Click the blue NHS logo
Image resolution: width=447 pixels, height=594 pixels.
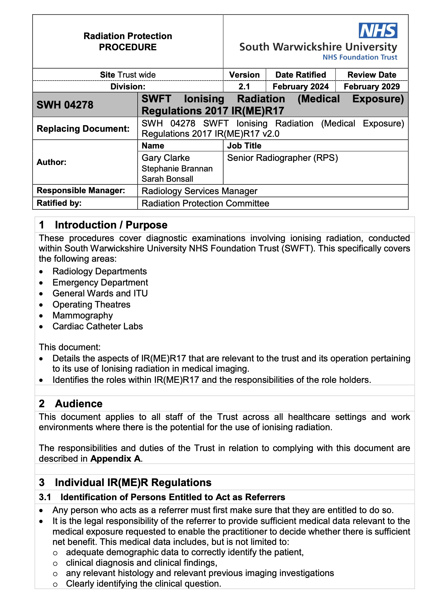[378, 31]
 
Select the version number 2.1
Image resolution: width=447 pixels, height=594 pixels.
[244, 86]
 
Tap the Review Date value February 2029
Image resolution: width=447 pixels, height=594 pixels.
[372, 86]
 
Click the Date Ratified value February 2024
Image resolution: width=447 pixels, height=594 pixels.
[301, 86]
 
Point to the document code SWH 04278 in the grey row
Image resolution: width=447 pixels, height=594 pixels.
[65, 105]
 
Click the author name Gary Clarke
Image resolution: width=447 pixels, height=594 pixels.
[166, 158]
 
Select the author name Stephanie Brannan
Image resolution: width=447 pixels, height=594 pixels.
[177, 168]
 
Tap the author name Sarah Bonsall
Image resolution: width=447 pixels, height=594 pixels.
[167, 179]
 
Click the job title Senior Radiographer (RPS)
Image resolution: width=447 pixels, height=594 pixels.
[282, 158]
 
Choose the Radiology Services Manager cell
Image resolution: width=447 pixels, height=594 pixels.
[199, 191]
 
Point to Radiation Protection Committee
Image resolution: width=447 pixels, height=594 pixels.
[205, 203]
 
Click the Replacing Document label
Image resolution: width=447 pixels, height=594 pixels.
[83, 129]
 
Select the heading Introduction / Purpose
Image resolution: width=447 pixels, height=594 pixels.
[111, 225]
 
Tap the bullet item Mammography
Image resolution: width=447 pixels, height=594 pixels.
[83, 315]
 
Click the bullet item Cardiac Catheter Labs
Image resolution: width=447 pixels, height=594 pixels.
[98, 326]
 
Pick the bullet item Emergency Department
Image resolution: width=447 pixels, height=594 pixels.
[100, 282]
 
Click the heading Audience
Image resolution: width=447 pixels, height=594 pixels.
[79, 404]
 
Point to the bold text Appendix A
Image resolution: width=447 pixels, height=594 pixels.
[115, 458]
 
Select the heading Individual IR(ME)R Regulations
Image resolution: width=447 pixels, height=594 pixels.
[133, 483]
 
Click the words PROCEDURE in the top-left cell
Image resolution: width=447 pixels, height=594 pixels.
[128, 47]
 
